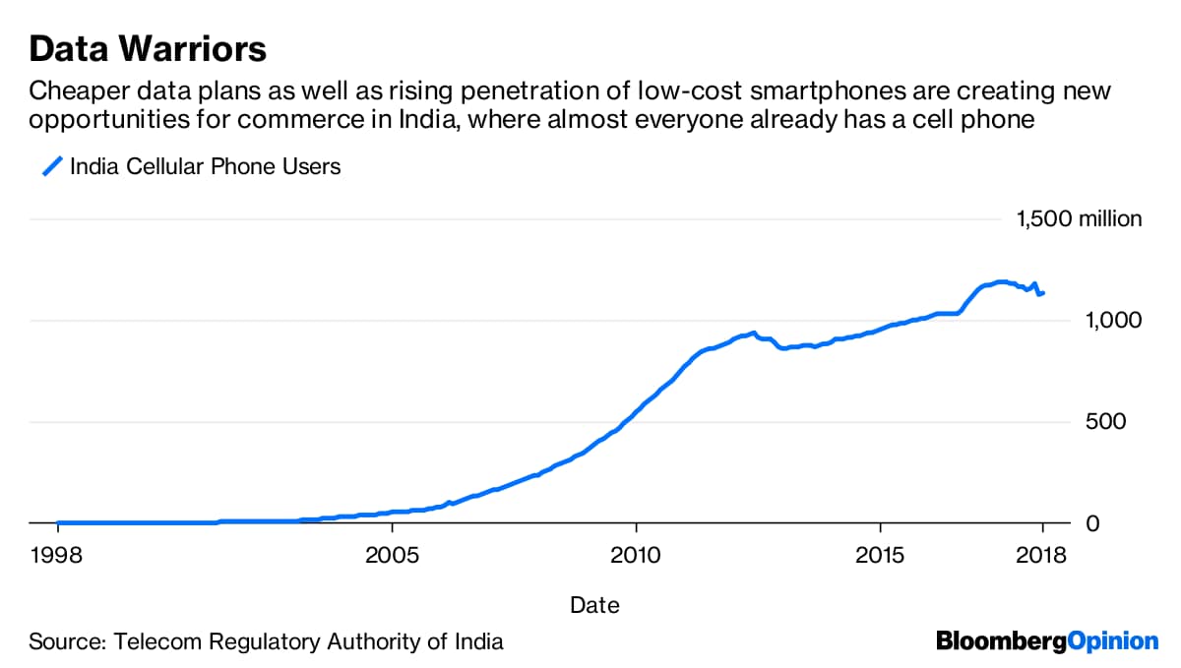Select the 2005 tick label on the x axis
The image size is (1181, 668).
pyautogui.click(x=392, y=554)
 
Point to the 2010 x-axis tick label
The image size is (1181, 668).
pyautogui.click(x=636, y=554)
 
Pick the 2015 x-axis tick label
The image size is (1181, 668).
pyautogui.click(x=880, y=554)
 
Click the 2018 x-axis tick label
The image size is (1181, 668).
pyautogui.click(x=1042, y=554)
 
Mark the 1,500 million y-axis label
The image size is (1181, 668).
pyautogui.click(x=1079, y=218)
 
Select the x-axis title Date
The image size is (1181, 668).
pyautogui.click(x=594, y=605)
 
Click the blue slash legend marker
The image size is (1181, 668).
pyautogui.click(x=51, y=166)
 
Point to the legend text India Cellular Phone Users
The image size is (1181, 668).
pyautogui.click(x=205, y=166)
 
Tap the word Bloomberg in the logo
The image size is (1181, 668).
pyautogui.click(x=1002, y=641)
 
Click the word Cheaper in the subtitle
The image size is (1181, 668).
pyautogui.click(x=73, y=91)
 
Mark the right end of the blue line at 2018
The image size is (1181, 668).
pyautogui.click(x=1043, y=292)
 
